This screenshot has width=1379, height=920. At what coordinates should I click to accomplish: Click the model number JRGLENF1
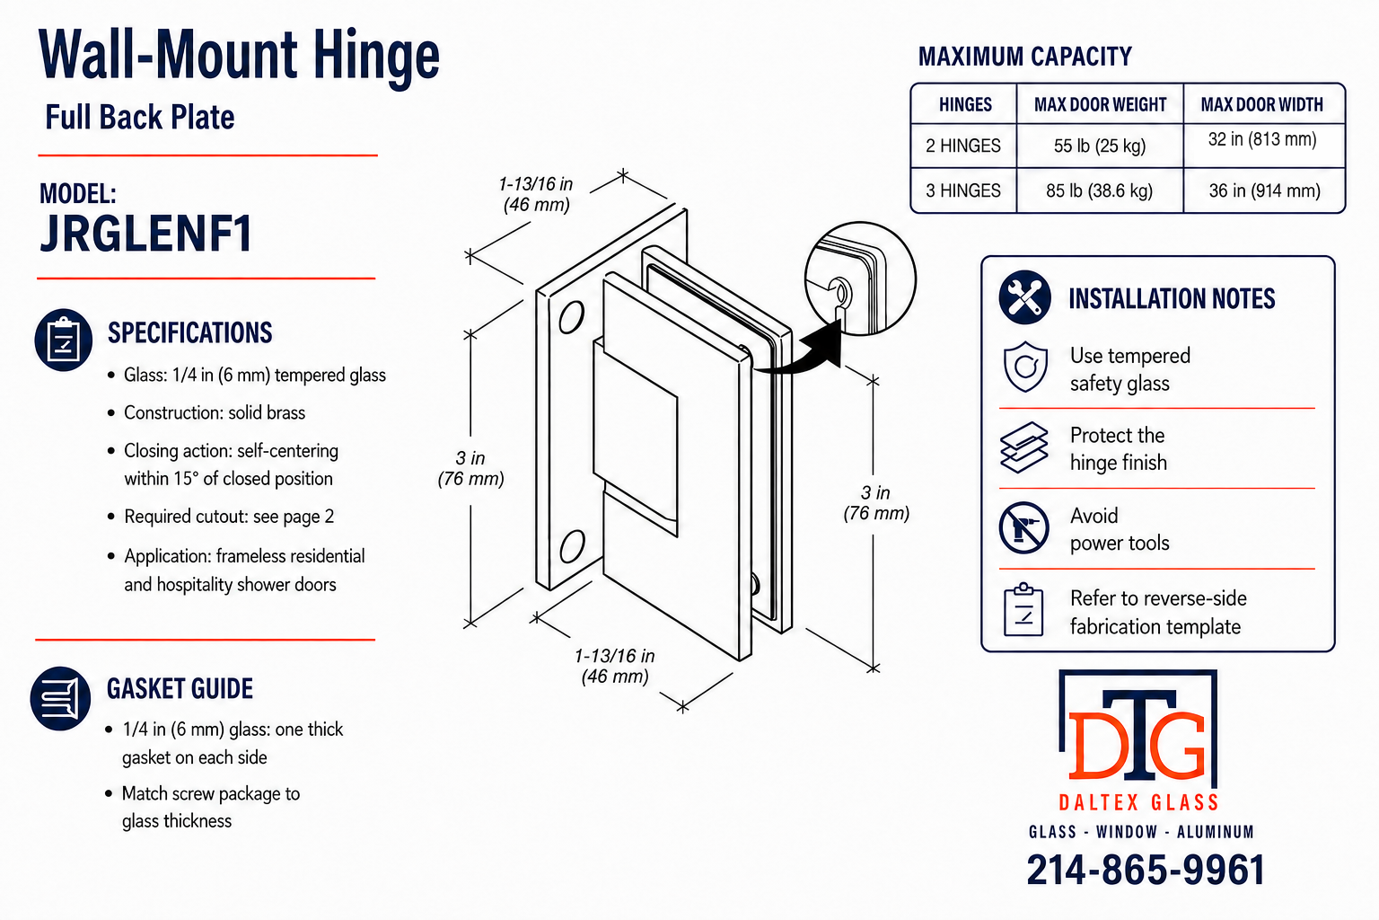pyautogui.click(x=146, y=234)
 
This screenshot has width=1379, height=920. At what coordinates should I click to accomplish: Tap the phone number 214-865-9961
pyautogui.click(x=1145, y=870)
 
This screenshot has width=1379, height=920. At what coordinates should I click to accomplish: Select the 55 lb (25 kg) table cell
pyautogui.click(x=1100, y=146)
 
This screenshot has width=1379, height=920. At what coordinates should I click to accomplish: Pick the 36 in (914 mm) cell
pyautogui.click(x=1264, y=191)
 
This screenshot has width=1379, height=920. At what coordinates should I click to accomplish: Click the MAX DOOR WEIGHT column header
pyautogui.click(x=1100, y=105)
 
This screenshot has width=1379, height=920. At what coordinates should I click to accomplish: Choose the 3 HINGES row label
pyautogui.click(x=963, y=191)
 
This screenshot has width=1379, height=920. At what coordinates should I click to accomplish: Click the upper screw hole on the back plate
pyautogui.click(x=571, y=317)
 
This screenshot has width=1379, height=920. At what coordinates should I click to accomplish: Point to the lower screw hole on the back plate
pyautogui.click(x=571, y=546)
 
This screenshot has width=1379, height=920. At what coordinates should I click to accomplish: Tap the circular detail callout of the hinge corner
pyautogui.click(x=860, y=279)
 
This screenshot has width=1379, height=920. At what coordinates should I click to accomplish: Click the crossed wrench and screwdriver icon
pyautogui.click(x=1024, y=297)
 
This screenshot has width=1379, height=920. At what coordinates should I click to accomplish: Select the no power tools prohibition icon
pyautogui.click(x=1023, y=528)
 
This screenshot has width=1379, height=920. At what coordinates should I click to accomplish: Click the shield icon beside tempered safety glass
pyautogui.click(x=1025, y=367)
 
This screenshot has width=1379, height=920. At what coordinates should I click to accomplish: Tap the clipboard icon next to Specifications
pyautogui.click(x=64, y=340)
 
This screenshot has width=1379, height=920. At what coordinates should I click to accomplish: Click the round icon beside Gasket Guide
pyautogui.click(x=60, y=698)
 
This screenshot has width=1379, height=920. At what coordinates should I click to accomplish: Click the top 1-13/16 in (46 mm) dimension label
pyautogui.click(x=536, y=194)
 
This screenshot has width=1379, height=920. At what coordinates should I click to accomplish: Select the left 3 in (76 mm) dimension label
pyautogui.click(x=471, y=468)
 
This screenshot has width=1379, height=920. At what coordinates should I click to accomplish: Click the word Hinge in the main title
pyautogui.click(x=376, y=56)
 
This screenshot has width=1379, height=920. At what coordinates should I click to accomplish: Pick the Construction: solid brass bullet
pyautogui.click(x=215, y=413)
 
